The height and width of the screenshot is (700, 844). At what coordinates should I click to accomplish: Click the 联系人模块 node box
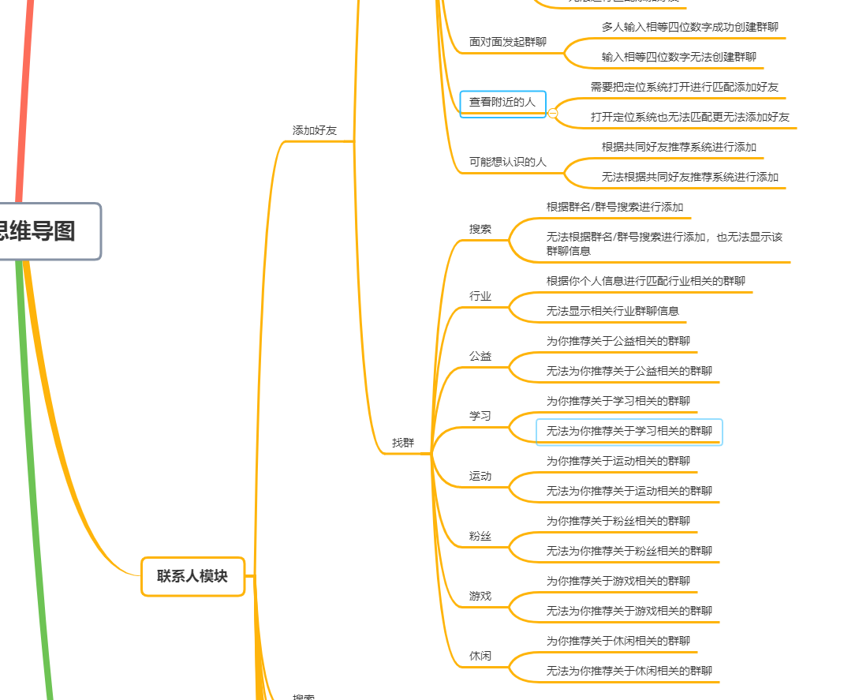click(x=192, y=576)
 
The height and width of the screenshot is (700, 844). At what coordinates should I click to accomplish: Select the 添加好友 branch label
click(x=314, y=131)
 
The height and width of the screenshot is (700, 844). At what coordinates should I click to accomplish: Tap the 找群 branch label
click(x=402, y=444)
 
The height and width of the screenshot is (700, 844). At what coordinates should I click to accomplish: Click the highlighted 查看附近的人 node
click(x=502, y=103)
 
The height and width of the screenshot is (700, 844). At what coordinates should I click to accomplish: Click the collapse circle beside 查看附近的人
click(x=552, y=114)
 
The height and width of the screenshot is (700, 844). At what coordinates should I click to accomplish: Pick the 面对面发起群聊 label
click(x=507, y=42)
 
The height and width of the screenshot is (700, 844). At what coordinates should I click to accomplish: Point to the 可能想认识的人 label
click(x=507, y=162)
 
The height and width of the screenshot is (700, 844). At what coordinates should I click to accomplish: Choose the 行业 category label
click(x=480, y=296)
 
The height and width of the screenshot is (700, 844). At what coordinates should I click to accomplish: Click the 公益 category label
click(x=480, y=356)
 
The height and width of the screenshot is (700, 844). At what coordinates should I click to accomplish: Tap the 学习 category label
click(x=480, y=416)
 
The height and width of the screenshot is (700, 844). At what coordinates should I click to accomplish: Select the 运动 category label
click(x=480, y=476)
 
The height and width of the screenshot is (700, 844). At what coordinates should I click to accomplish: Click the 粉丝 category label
click(x=480, y=536)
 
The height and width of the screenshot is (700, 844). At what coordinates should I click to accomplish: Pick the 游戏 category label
click(x=480, y=596)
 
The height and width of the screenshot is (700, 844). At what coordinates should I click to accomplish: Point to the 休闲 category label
click(x=480, y=656)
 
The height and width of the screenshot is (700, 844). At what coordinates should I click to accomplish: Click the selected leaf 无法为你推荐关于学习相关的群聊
click(x=629, y=432)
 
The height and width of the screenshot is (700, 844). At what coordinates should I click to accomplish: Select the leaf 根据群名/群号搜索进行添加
click(x=614, y=207)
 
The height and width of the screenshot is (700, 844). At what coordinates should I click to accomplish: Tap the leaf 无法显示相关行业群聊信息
click(x=612, y=311)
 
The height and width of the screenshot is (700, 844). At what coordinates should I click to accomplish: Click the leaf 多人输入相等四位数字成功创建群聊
click(x=689, y=27)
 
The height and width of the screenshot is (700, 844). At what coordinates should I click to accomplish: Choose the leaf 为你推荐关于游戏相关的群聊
click(x=618, y=581)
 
